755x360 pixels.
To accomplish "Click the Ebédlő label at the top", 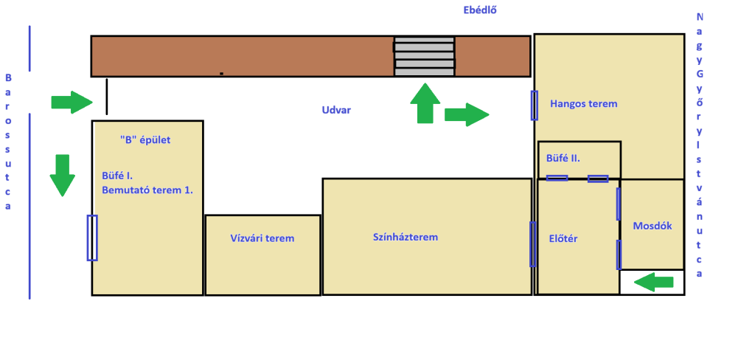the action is tap(479, 10).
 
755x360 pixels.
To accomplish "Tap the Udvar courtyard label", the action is tap(336, 110).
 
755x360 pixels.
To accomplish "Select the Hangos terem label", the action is tap(584, 103).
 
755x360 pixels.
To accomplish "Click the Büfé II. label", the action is tap(563, 158).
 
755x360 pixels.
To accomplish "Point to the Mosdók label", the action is tap(653, 226).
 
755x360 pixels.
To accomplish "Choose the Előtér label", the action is tap(563, 238).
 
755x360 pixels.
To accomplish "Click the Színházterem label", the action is tap(406, 237).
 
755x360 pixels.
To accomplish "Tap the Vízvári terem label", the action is tap(262, 238).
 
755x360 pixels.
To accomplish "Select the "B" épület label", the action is tap(145, 140).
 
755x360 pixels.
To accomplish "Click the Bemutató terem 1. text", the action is tap(147, 190).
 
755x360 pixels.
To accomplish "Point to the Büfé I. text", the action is tap(117, 175).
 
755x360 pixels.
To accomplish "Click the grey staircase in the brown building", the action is tap(424, 56).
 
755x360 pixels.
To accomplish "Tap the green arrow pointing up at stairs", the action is tap(425, 103).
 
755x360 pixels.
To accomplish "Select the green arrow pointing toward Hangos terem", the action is tap(467, 114).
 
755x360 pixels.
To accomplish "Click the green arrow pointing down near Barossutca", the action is tap(63, 176).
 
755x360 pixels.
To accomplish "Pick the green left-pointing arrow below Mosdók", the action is tap(653, 282).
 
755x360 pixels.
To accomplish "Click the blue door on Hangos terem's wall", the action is tap(534, 105).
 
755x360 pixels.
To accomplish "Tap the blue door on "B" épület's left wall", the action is tap(92, 238).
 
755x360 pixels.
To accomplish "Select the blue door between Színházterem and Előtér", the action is tap(532, 244).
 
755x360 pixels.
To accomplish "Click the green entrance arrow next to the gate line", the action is tap(72, 102).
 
